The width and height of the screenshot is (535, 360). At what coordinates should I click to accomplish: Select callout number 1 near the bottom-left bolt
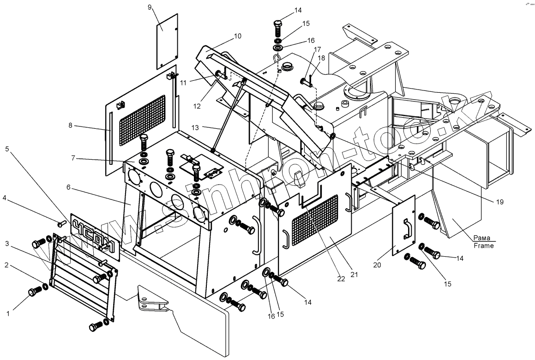[7, 314]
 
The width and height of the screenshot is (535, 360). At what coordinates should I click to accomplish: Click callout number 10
[238, 36]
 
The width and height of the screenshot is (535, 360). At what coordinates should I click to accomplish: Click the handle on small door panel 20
[407, 229]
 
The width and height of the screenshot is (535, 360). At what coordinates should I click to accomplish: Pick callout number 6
[68, 188]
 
